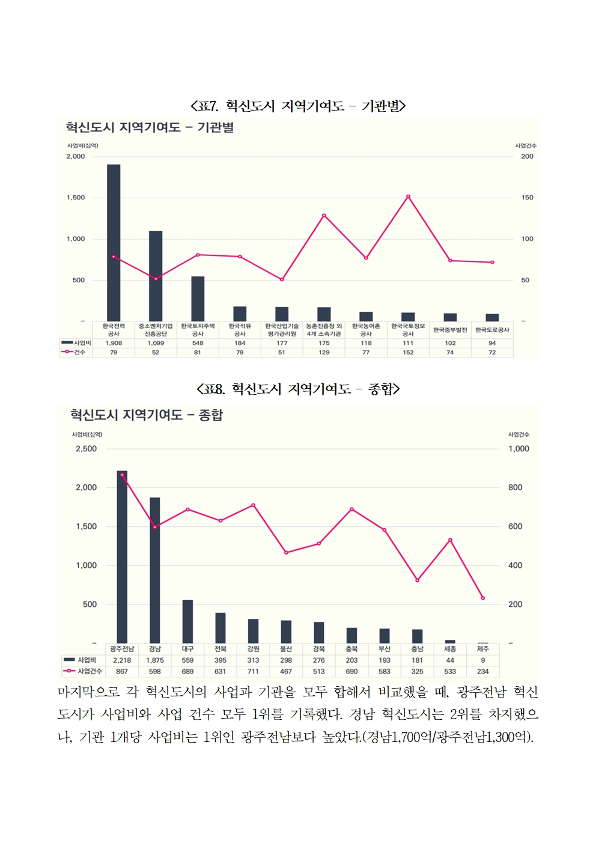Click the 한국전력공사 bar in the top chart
click(x=114, y=240)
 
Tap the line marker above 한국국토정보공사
click(x=408, y=196)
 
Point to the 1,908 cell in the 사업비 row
click(x=114, y=343)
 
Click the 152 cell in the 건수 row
click(x=408, y=352)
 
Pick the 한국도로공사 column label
click(x=492, y=330)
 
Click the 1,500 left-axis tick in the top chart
click(x=76, y=198)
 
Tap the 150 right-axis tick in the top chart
click(x=527, y=198)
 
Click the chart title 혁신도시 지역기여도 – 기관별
click(x=150, y=127)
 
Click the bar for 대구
click(x=187, y=621)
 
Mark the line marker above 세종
click(x=450, y=540)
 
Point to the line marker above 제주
click(x=483, y=598)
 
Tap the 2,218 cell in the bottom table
click(x=122, y=660)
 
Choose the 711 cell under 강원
click(x=253, y=671)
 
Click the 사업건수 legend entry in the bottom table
click(x=84, y=671)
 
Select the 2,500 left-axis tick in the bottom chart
click(x=86, y=449)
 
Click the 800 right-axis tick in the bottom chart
click(x=515, y=487)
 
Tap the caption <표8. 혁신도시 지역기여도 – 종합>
click(x=298, y=389)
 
